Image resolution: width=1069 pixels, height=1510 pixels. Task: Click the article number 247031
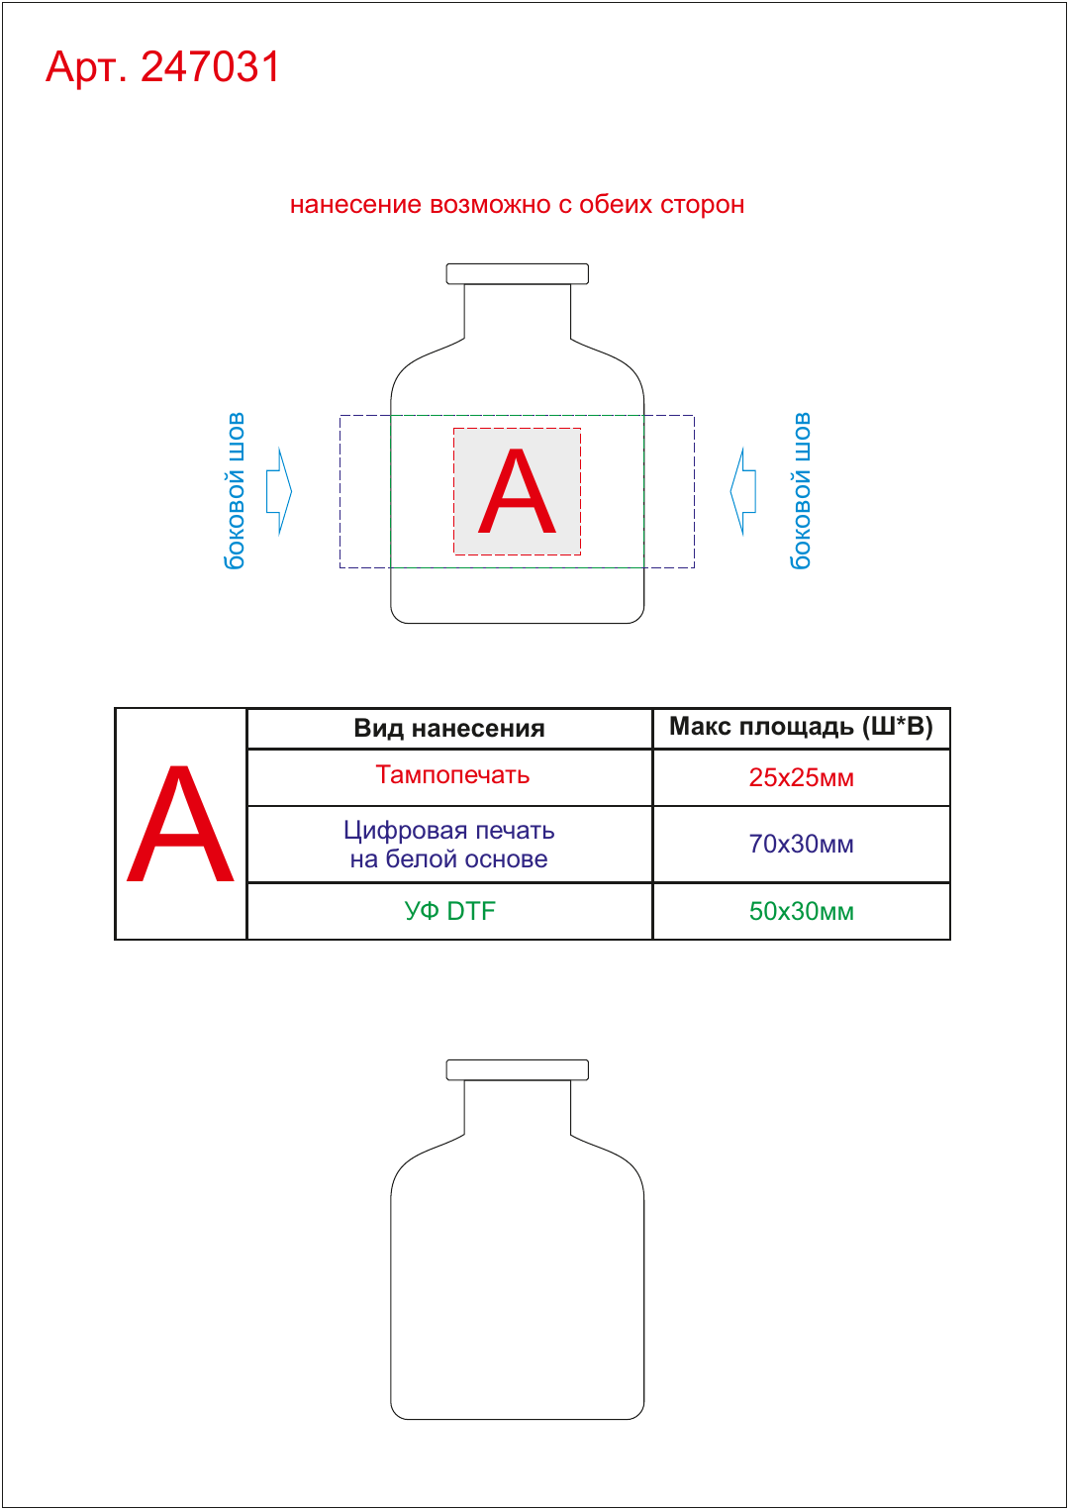(x=210, y=66)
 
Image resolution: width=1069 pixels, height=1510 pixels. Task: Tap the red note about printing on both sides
(x=517, y=204)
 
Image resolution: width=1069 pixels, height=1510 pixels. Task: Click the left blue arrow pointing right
(x=279, y=491)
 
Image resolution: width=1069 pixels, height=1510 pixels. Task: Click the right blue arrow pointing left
(x=742, y=491)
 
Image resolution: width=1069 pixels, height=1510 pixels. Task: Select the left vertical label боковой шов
(x=234, y=491)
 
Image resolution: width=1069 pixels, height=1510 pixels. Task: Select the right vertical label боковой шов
(x=800, y=491)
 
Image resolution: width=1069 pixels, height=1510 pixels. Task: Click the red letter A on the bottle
(x=517, y=491)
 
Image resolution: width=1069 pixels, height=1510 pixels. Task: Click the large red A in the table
(x=180, y=823)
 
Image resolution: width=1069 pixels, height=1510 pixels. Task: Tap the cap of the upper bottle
(x=517, y=273)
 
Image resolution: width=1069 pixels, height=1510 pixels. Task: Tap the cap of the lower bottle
(x=517, y=1069)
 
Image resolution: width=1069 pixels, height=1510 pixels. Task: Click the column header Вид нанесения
(x=449, y=728)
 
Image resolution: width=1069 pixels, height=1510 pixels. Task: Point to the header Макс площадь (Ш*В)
(x=801, y=727)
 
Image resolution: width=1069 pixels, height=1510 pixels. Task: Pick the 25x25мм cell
(x=801, y=777)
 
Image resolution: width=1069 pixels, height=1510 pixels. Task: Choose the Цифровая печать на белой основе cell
(x=449, y=844)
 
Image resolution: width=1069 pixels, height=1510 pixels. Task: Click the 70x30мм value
(x=801, y=844)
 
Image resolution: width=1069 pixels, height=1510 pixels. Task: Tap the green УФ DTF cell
(x=449, y=911)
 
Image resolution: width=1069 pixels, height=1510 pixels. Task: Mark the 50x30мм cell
(x=801, y=911)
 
